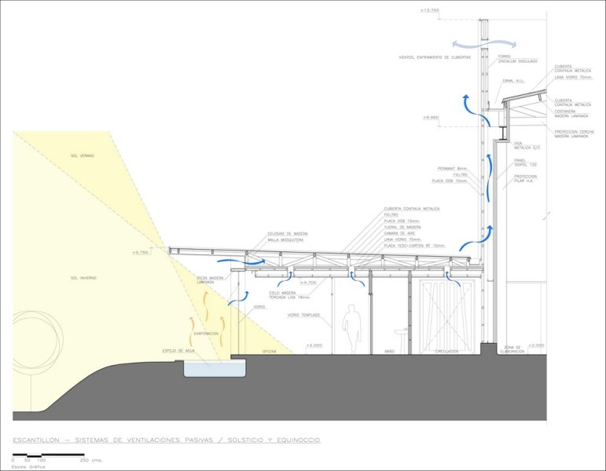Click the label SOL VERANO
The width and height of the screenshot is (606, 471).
[82, 156]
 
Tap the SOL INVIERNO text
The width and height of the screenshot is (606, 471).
[83, 278]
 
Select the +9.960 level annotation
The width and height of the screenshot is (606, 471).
[430, 117]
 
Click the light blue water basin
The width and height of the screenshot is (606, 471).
[214, 367]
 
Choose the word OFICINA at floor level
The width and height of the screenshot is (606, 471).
[270, 352]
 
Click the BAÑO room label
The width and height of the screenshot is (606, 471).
[388, 352]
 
